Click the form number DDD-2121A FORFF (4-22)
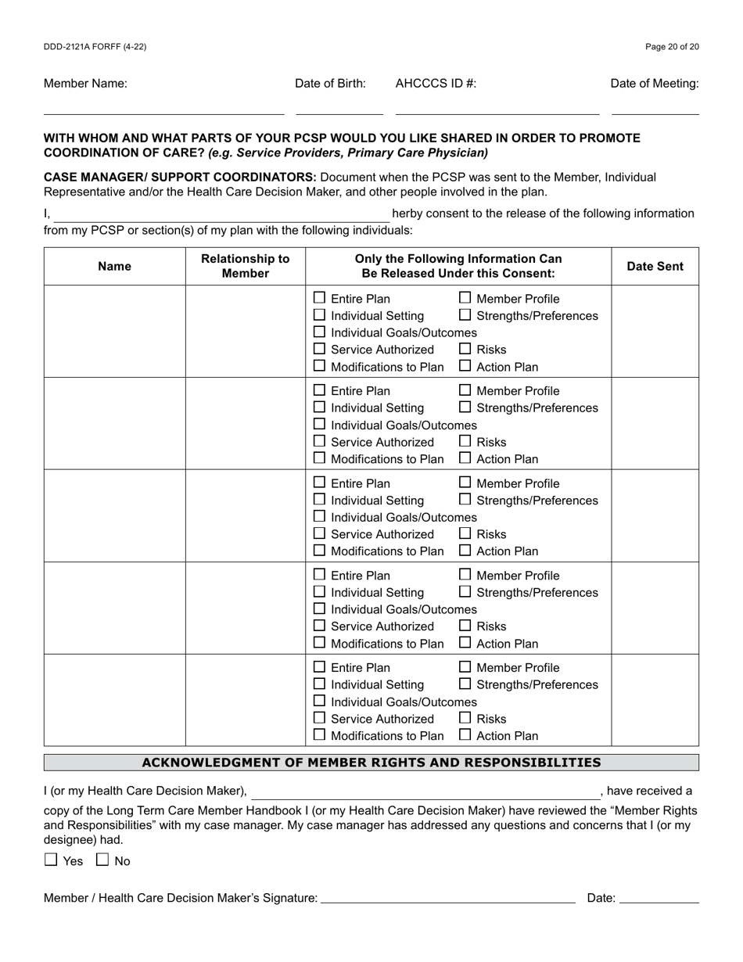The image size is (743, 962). [95, 47]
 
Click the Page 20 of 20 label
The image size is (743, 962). [672, 47]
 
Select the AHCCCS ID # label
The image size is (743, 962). [436, 84]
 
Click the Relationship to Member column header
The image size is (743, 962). [245, 266]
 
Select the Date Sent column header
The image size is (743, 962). [655, 266]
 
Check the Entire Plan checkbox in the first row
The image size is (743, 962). [319, 298]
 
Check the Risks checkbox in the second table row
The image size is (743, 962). [465, 441]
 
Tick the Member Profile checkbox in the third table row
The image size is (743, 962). [465, 483]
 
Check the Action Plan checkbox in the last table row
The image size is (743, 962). [465, 734]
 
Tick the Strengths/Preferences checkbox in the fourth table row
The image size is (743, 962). [465, 591]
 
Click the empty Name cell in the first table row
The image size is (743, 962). [114, 332]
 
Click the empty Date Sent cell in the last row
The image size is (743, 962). [655, 700]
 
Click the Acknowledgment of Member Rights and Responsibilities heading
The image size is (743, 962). [371, 763]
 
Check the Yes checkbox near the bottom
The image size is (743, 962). [52, 860]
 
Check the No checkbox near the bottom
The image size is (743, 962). [102, 860]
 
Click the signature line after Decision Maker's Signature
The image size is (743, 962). [447, 898]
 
